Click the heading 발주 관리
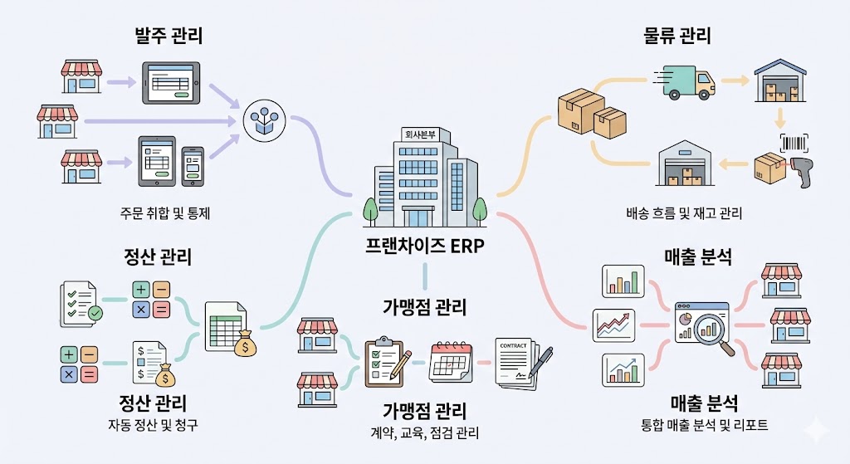169,37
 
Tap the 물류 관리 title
678,37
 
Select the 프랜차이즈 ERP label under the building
424,247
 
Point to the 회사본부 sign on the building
418,134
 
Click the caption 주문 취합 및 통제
164,212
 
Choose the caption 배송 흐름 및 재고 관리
683,213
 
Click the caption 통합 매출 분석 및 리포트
704,426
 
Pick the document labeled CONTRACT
520,362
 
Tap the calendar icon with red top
450,362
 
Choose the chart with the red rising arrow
613,324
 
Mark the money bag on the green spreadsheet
245,342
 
